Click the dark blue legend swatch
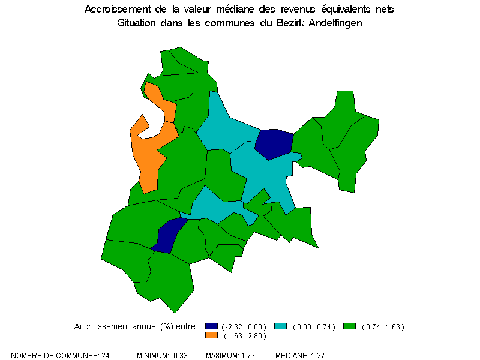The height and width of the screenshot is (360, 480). [x=211, y=326]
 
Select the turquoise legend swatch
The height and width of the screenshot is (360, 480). [x=280, y=326]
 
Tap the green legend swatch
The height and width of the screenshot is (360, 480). [x=350, y=326]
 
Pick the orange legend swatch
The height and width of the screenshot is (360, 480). [x=211, y=335]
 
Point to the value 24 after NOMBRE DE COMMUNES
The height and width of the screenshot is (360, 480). [x=104, y=356]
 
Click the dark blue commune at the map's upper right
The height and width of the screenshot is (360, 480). [x=274, y=143]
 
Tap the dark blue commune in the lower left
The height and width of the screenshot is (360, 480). [x=167, y=236]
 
